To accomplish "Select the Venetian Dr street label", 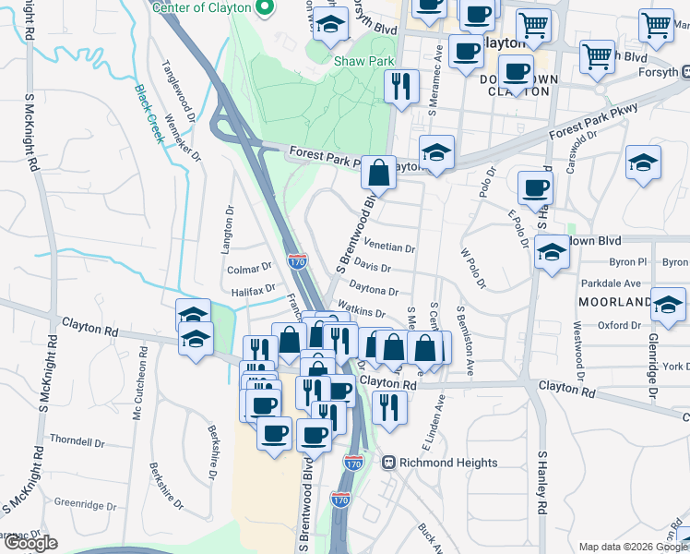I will (x=390, y=248).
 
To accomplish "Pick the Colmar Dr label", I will (x=249, y=269).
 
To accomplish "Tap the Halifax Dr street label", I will (x=253, y=290).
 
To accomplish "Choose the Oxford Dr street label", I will (x=618, y=325).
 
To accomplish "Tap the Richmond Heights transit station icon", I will (x=389, y=462).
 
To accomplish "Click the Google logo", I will (x=30, y=543).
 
